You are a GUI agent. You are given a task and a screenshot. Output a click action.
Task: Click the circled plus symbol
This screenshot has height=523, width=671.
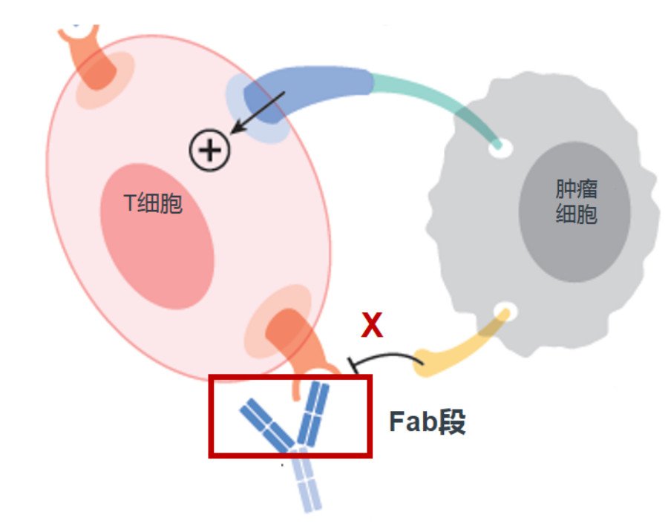pyautogui.click(x=209, y=151)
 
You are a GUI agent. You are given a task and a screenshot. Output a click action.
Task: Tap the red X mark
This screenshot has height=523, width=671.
pyautogui.click(x=372, y=325)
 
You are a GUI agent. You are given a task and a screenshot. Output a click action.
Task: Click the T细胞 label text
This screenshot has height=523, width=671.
pyautogui.click(x=153, y=203)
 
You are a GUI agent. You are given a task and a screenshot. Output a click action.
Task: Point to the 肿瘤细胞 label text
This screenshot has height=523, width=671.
pyautogui.click(x=576, y=202)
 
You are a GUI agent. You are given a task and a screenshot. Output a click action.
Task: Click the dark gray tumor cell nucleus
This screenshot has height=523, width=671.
pyautogui.click(x=575, y=211)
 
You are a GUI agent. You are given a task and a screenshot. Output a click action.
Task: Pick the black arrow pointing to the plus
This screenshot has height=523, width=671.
pyautogui.click(x=258, y=112)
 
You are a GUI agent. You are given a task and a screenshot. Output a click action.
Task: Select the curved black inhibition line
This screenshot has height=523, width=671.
pyautogui.click(x=385, y=358)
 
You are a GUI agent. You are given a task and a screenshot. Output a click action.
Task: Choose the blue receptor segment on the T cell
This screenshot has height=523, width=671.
pyautogui.click(x=304, y=91)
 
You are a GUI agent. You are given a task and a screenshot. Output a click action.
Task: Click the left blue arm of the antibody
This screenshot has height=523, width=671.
pyautogui.click(x=267, y=425)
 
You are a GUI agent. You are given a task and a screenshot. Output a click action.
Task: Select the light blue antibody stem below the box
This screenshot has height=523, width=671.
pyautogui.click(x=305, y=481)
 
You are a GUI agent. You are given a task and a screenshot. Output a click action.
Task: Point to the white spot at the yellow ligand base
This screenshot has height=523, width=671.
pyautogui.click(x=506, y=312)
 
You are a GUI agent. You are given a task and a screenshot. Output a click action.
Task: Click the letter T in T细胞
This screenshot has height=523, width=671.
pyautogui.click(x=130, y=203)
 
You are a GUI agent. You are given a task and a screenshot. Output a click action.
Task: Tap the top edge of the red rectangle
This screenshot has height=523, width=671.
pyautogui.click(x=290, y=378)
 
